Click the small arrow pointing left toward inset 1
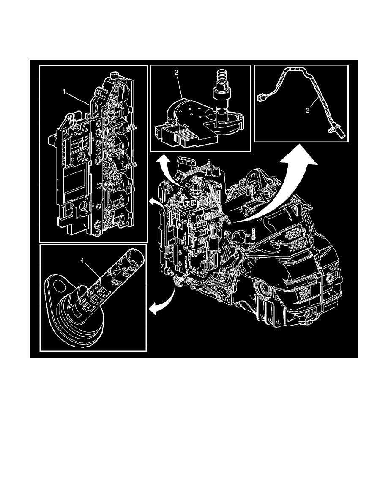pos(152,203)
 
